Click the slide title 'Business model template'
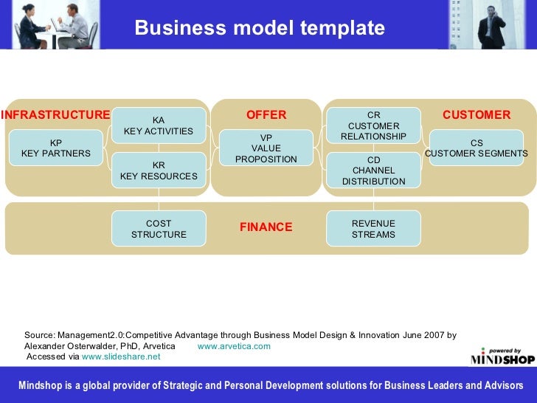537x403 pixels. coord(260,28)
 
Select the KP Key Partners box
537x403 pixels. coord(56,148)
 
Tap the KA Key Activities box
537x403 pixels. coord(159,125)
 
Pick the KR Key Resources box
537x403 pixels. coord(159,170)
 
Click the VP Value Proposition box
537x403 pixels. coord(266,148)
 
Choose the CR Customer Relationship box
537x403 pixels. coord(373,125)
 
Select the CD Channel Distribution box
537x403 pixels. coord(373,170)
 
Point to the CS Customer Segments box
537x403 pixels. coord(477,148)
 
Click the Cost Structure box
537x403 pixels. coord(159,229)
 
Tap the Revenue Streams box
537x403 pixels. coord(373,229)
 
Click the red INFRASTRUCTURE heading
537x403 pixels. coord(55,115)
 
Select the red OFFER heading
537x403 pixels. coord(266,115)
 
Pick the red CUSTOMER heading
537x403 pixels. coord(477,115)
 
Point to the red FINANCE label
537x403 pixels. coord(266,227)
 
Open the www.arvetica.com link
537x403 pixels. coord(234,346)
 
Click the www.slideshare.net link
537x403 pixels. coord(121,356)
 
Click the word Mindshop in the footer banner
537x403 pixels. coord(39,385)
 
